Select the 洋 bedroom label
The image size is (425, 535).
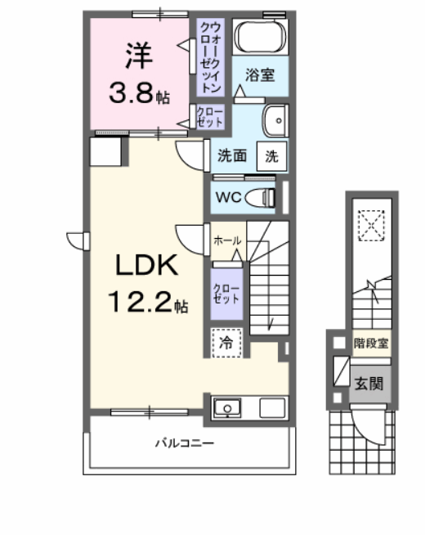click(x=136, y=55)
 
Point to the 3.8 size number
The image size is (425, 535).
click(x=136, y=92)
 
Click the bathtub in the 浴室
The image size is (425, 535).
click(x=260, y=37)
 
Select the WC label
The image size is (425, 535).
click(x=228, y=196)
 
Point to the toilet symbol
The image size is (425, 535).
click(x=262, y=196)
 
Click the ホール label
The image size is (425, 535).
click(x=226, y=241)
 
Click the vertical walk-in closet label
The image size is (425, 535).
click(x=209, y=55)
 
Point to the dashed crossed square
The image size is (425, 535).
click(x=373, y=223)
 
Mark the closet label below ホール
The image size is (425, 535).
click(x=226, y=293)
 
